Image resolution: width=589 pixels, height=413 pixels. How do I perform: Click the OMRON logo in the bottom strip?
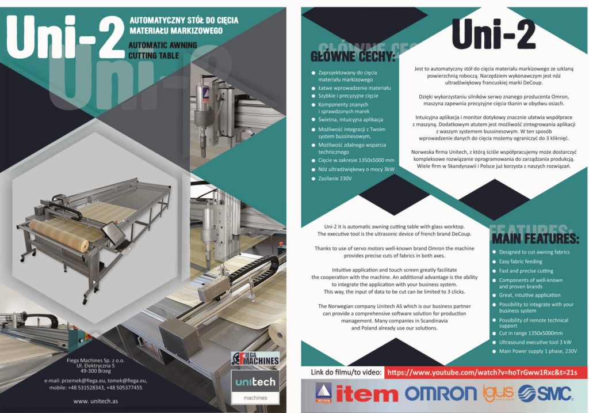click(441, 393)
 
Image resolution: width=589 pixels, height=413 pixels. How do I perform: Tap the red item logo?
click(367, 394)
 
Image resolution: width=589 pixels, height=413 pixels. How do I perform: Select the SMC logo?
click(545, 394)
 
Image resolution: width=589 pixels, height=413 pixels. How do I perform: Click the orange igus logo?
click(498, 393)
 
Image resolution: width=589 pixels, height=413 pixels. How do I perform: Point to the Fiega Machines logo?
click(255, 359)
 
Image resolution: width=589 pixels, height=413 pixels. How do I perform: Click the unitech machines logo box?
click(255, 387)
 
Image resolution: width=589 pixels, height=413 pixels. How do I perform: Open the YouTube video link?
click(482, 372)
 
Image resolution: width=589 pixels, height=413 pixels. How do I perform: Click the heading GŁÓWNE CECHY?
click(353, 57)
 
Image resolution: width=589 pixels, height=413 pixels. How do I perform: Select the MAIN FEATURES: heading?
click(536, 238)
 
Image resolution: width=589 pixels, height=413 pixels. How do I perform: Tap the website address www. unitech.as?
click(96, 401)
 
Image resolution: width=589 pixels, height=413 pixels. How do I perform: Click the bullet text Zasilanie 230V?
click(335, 179)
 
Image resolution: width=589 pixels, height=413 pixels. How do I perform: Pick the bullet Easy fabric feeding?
click(521, 262)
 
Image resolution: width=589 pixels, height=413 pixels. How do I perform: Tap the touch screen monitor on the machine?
click(113, 232)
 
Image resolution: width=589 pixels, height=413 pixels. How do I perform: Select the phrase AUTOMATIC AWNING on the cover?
click(163, 45)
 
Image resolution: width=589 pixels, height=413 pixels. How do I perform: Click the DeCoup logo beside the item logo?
click(323, 393)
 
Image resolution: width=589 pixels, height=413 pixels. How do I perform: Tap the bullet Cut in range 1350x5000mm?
click(531, 334)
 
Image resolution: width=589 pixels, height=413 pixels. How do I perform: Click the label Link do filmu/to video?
click(346, 372)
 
